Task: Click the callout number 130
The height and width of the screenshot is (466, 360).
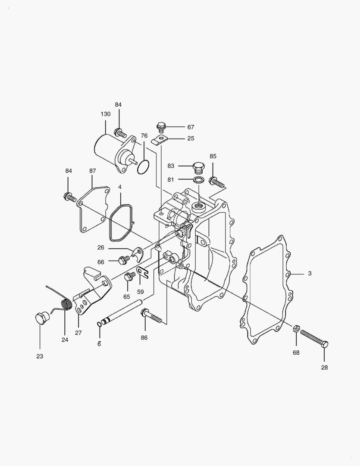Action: click(106, 114)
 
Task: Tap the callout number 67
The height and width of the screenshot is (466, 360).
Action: click(191, 127)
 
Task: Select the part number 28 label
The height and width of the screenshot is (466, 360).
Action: click(324, 367)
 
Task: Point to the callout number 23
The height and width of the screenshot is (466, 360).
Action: click(40, 356)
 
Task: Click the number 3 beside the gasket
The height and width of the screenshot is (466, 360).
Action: click(310, 273)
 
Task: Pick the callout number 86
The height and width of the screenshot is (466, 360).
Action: click(144, 337)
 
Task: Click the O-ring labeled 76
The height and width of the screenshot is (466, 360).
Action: click(143, 167)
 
